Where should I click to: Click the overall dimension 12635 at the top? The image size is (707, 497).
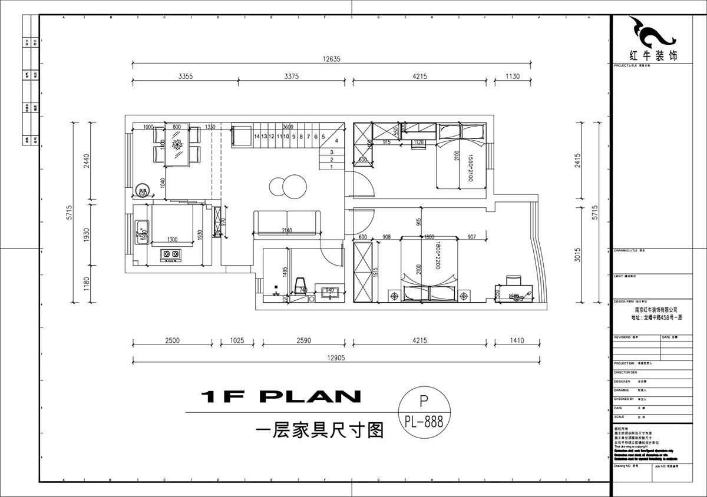point(332,58)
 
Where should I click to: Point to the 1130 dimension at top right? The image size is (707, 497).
point(512,76)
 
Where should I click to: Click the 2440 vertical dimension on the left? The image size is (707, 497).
point(86,161)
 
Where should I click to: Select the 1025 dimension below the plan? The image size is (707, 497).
point(237,340)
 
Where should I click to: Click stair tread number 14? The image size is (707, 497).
point(257,137)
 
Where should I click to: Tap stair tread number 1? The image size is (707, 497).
point(332,167)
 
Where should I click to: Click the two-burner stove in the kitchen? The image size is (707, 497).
point(171,254)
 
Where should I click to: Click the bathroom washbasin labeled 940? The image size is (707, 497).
point(329,291)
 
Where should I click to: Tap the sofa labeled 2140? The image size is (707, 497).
point(287,223)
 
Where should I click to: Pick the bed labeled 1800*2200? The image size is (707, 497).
point(429,268)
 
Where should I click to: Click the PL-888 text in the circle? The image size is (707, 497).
point(423,421)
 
